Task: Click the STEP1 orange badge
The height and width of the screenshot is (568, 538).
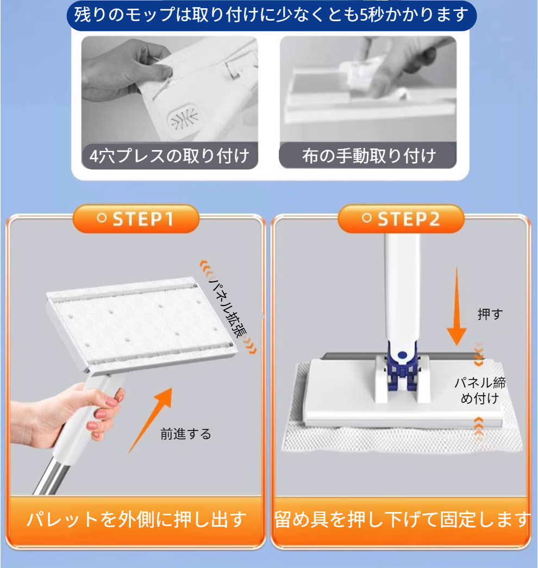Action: click(x=136, y=219)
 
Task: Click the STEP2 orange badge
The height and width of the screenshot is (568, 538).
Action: click(x=401, y=219)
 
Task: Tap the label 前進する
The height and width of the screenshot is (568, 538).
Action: click(x=185, y=434)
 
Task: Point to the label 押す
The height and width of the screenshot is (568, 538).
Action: click(x=490, y=314)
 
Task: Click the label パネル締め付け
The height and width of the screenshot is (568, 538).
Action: click(x=480, y=390)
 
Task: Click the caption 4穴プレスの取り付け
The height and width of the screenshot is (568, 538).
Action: click(x=170, y=156)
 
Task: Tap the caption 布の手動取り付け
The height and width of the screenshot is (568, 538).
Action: click(x=369, y=156)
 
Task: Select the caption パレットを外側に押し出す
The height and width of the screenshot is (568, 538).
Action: click(x=136, y=520)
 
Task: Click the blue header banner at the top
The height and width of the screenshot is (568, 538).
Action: click(x=271, y=16)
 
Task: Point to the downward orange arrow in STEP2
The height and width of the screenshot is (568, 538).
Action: click(x=456, y=306)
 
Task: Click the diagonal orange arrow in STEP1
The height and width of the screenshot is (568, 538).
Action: click(x=151, y=420)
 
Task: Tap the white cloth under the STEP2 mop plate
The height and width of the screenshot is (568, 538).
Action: click(x=402, y=435)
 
